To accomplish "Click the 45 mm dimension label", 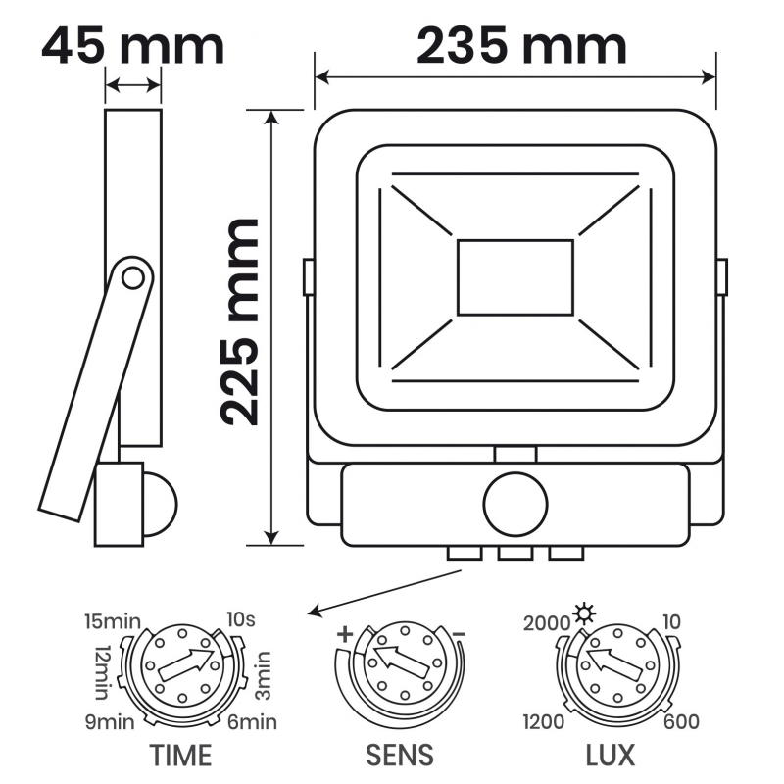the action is (x=132, y=46).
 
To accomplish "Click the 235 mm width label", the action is (x=521, y=46).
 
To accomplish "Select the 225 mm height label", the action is (x=239, y=322).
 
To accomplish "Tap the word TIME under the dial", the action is (x=180, y=755).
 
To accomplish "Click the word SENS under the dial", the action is (x=400, y=755).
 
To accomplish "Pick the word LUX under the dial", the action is (x=610, y=755).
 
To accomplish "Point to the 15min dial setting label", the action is (x=113, y=621).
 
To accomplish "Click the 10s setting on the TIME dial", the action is (x=241, y=619).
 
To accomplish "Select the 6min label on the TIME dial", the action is (x=252, y=722).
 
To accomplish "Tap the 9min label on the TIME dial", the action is (x=110, y=722).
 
